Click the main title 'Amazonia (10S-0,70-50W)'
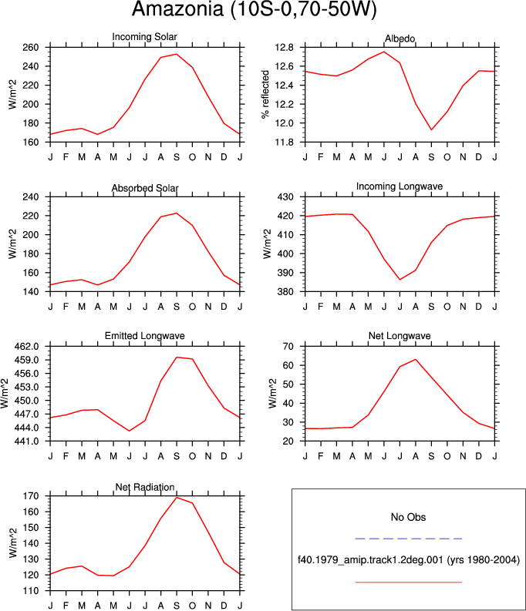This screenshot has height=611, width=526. (255, 8)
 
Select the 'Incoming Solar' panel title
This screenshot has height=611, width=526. (145, 37)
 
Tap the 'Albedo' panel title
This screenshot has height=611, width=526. (400, 39)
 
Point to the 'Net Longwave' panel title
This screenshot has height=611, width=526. (400, 336)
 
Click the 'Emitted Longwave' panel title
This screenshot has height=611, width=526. (145, 336)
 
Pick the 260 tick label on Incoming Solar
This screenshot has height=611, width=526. (31, 48)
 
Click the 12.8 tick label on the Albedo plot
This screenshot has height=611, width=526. (285, 48)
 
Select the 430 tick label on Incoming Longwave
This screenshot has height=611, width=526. (285, 197)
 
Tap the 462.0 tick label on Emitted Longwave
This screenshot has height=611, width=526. (26, 347)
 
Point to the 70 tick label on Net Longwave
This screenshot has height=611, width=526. (288, 347)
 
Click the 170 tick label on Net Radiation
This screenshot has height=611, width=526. (31, 496)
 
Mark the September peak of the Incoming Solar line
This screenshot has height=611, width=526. (177, 54)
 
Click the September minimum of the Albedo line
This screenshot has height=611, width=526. (431, 129)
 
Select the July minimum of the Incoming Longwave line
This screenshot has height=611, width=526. (400, 280)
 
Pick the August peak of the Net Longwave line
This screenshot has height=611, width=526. (416, 359)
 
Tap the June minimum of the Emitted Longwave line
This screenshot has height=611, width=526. (129, 431)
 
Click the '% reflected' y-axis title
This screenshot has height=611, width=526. (265, 95)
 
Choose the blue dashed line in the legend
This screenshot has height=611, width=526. (409, 539)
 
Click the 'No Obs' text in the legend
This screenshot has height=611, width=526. (408, 517)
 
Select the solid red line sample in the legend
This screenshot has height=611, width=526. (409, 582)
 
